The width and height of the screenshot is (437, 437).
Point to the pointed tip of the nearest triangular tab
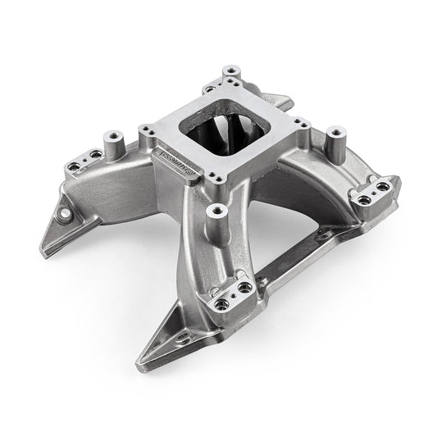[x=137, y=357]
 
